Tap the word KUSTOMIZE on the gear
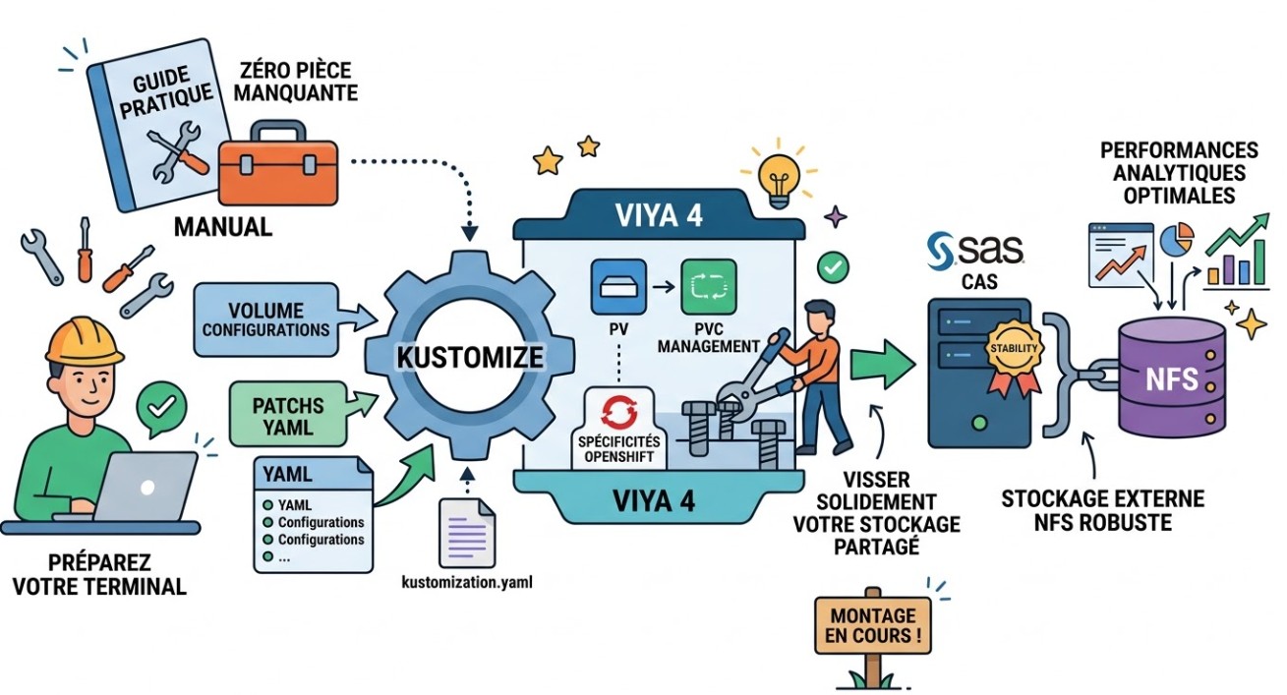point(469,356)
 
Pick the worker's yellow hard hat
point(85,339)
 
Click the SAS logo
point(977,248)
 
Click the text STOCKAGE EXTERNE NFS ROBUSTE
point(1102,510)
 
